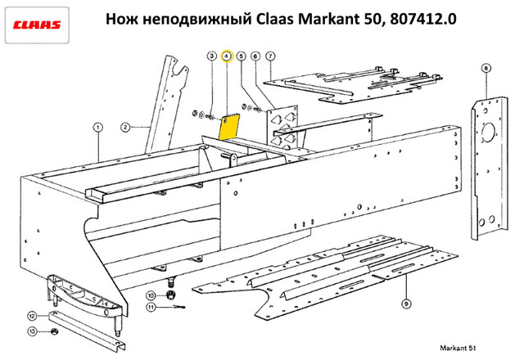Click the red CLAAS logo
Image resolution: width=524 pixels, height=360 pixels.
click(37, 25)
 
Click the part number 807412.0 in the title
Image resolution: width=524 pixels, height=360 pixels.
click(422, 19)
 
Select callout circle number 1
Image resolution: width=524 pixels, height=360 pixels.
click(97, 128)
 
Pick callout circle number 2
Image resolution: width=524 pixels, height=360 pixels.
click(125, 128)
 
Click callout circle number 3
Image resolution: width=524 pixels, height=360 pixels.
click(211, 56)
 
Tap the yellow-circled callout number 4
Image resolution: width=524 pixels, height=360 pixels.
click(227, 56)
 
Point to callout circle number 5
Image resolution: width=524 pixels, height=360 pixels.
click(241, 56)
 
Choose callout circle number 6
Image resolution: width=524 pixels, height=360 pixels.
click(255, 56)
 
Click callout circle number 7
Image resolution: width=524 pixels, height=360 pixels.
click(270, 56)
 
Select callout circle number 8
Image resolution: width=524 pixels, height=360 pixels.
click(486, 69)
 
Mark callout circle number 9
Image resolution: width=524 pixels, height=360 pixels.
click(406, 304)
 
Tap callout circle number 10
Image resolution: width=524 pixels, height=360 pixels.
click(151, 295)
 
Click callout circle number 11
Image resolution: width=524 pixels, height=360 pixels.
click(151, 307)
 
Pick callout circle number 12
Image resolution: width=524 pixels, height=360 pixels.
click(32, 316)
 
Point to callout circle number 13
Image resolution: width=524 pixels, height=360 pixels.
click(32, 331)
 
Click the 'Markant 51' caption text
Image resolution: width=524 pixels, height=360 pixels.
click(458, 348)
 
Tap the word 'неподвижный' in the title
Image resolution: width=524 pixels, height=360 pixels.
click(197, 19)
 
